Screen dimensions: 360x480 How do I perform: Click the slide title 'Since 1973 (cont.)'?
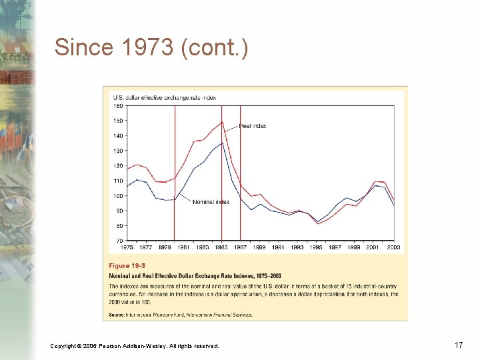(151, 48)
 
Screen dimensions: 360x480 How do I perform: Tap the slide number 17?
(458, 345)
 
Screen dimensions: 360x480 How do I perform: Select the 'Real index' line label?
(253, 126)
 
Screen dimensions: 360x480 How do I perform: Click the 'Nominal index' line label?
(211, 202)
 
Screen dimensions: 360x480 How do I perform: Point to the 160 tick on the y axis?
(117, 105)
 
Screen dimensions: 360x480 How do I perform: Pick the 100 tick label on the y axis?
(117, 195)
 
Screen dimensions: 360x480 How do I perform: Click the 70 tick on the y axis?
(119, 241)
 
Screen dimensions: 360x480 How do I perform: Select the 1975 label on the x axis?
(127, 247)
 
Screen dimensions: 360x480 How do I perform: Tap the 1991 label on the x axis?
(278, 247)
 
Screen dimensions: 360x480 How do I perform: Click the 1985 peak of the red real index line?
(221, 122)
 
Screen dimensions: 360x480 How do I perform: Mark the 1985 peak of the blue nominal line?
(221, 143)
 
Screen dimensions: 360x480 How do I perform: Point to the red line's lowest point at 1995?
(318, 224)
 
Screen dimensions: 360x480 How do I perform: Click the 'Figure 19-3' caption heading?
(127, 265)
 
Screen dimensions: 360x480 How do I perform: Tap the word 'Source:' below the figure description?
(119, 315)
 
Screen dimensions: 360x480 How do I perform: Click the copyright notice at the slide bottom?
(134, 345)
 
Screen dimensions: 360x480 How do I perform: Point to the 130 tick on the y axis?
(117, 151)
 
